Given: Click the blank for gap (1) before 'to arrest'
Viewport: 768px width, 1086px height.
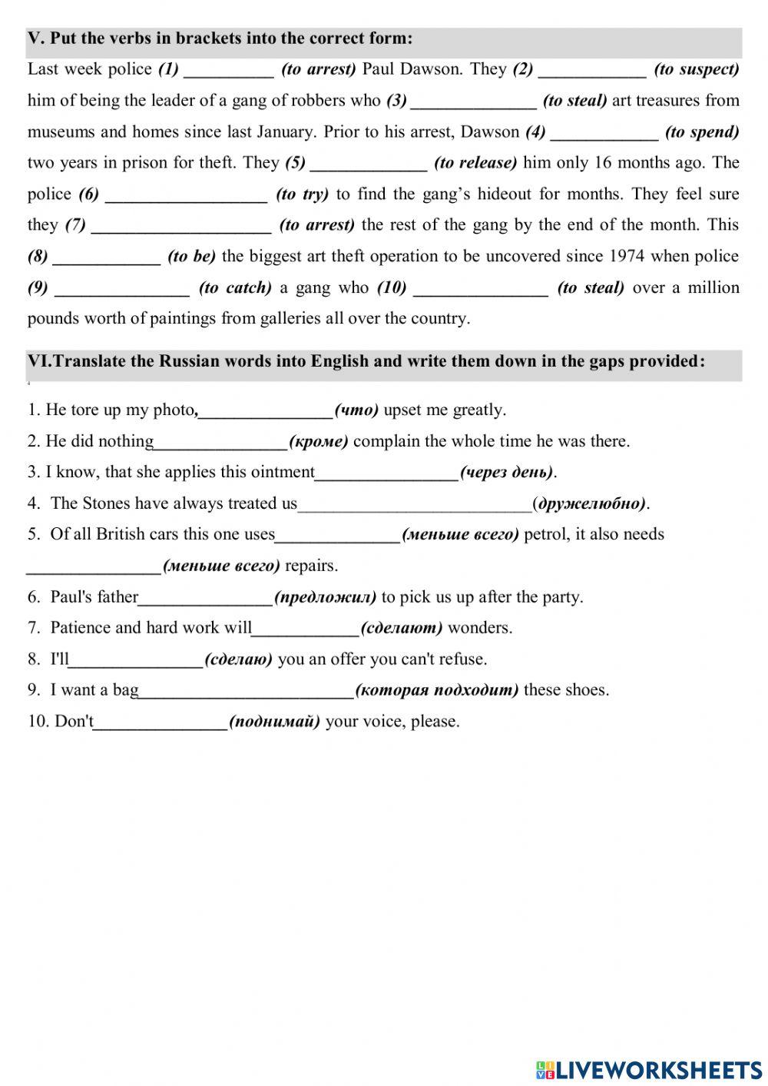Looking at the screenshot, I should tap(229, 71).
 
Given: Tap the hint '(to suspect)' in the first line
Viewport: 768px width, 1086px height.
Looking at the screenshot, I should tap(696, 69).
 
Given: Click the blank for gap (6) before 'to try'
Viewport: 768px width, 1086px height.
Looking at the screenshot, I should tap(186, 195).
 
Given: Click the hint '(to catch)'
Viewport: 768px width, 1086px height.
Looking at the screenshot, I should tap(235, 287).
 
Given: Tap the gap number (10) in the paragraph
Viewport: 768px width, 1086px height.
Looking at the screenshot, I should tap(392, 287).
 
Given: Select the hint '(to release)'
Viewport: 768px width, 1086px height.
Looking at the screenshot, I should tap(475, 163).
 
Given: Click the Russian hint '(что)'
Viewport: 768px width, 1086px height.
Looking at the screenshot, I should tap(356, 410).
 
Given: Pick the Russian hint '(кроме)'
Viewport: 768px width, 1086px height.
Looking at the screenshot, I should tap(319, 441).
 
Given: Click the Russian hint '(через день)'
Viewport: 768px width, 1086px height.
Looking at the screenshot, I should tap(506, 472).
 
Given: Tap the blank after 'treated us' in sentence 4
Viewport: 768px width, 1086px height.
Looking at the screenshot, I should tap(414, 505).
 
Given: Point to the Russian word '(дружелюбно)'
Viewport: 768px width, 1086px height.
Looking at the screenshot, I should tap(591, 503).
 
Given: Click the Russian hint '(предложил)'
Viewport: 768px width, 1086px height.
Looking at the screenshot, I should tap(326, 597).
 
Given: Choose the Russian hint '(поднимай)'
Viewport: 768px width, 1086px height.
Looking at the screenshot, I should tap(275, 722).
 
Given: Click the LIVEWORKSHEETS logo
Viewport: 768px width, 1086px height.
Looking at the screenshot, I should tap(649, 1069).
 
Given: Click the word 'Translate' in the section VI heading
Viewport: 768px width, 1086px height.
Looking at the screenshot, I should tap(91, 361).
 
